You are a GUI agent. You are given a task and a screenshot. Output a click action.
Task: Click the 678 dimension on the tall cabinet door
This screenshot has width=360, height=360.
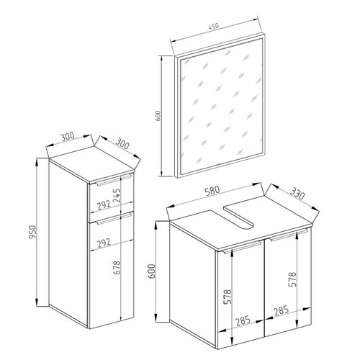click(116, 273)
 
